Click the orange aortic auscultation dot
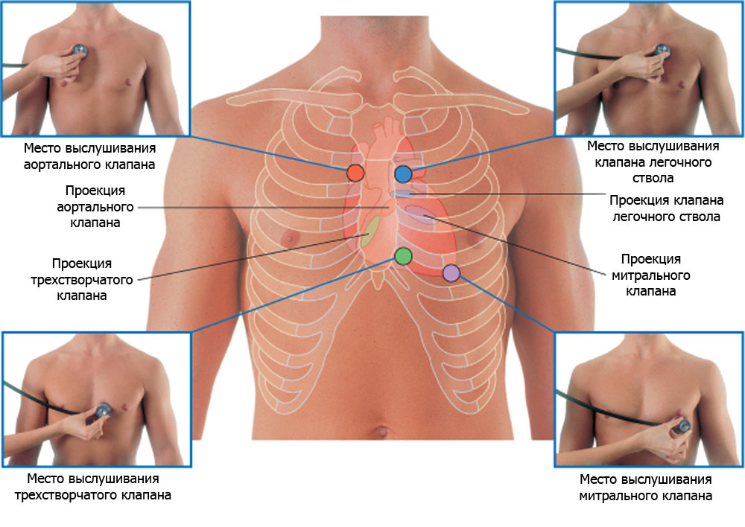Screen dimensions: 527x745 click(x=355, y=173)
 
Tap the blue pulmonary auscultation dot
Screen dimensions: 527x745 click(x=403, y=174)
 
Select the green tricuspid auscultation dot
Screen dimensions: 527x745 click(x=402, y=256)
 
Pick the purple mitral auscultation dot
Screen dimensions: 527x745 click(x=451, y=273)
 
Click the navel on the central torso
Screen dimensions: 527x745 click(x=381, y=431)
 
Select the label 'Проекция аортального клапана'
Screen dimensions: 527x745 click(x=95, y=205)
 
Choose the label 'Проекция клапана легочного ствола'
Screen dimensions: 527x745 click(x=666, y=208)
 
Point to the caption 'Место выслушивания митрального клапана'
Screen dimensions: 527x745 click(x=645, y=487)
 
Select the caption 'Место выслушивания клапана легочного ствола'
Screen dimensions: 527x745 click(x=653, y=162)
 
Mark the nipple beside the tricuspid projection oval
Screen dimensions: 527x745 click(x=288, y=237)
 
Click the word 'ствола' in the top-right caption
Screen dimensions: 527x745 click(x=653, y=179)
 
